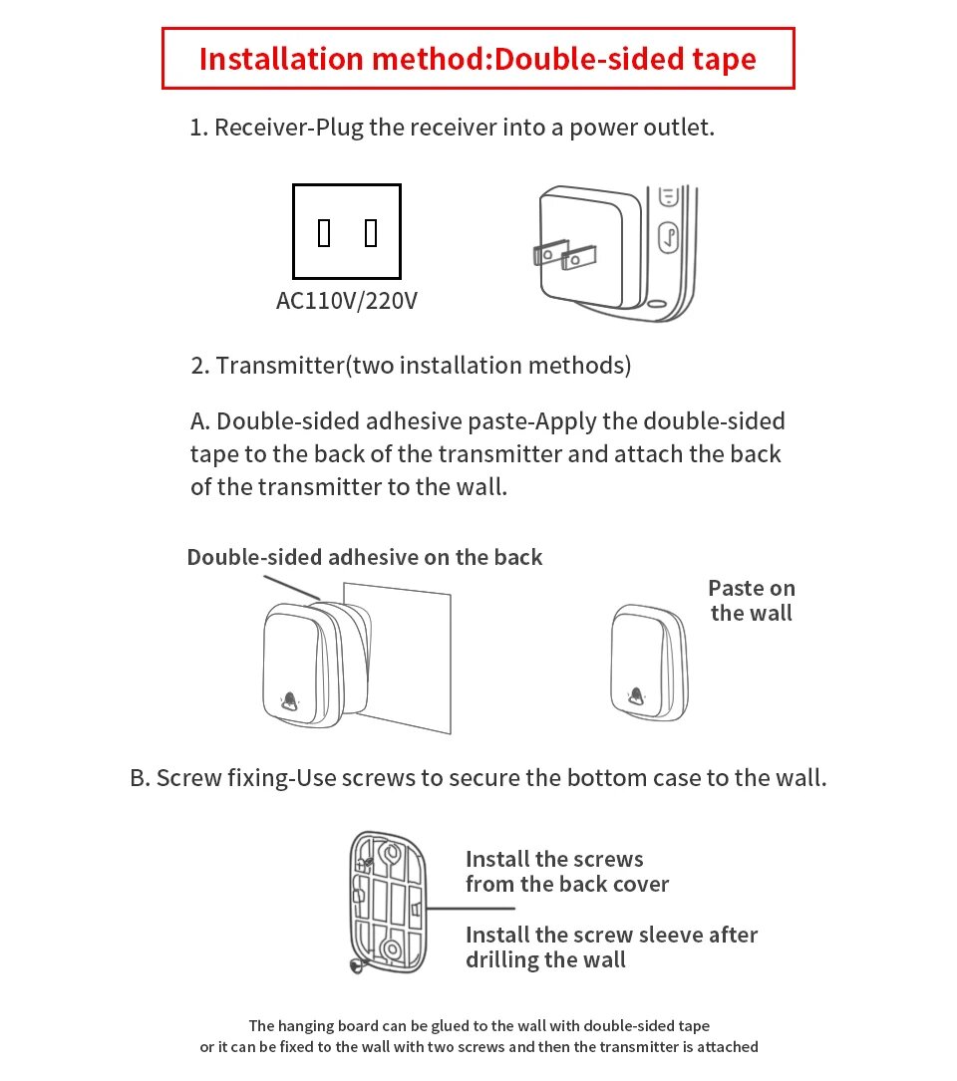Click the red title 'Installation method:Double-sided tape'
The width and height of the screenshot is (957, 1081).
478,59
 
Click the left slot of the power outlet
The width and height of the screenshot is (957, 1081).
324,233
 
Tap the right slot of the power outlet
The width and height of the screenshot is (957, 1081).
371,233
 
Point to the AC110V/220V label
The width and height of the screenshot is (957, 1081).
347,300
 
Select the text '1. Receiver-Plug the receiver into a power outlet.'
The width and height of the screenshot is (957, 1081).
452,128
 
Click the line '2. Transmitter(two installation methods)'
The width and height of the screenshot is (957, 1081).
411,366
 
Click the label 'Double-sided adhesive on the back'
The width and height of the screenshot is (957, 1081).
365,557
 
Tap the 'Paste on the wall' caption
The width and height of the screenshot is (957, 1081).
752,601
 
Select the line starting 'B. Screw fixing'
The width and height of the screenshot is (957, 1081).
478,778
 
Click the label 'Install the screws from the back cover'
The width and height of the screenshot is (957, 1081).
567,872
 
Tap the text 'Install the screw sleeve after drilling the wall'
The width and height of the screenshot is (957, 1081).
611,947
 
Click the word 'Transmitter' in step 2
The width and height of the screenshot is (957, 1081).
279,366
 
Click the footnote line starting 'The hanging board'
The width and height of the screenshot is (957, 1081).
478,1025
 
